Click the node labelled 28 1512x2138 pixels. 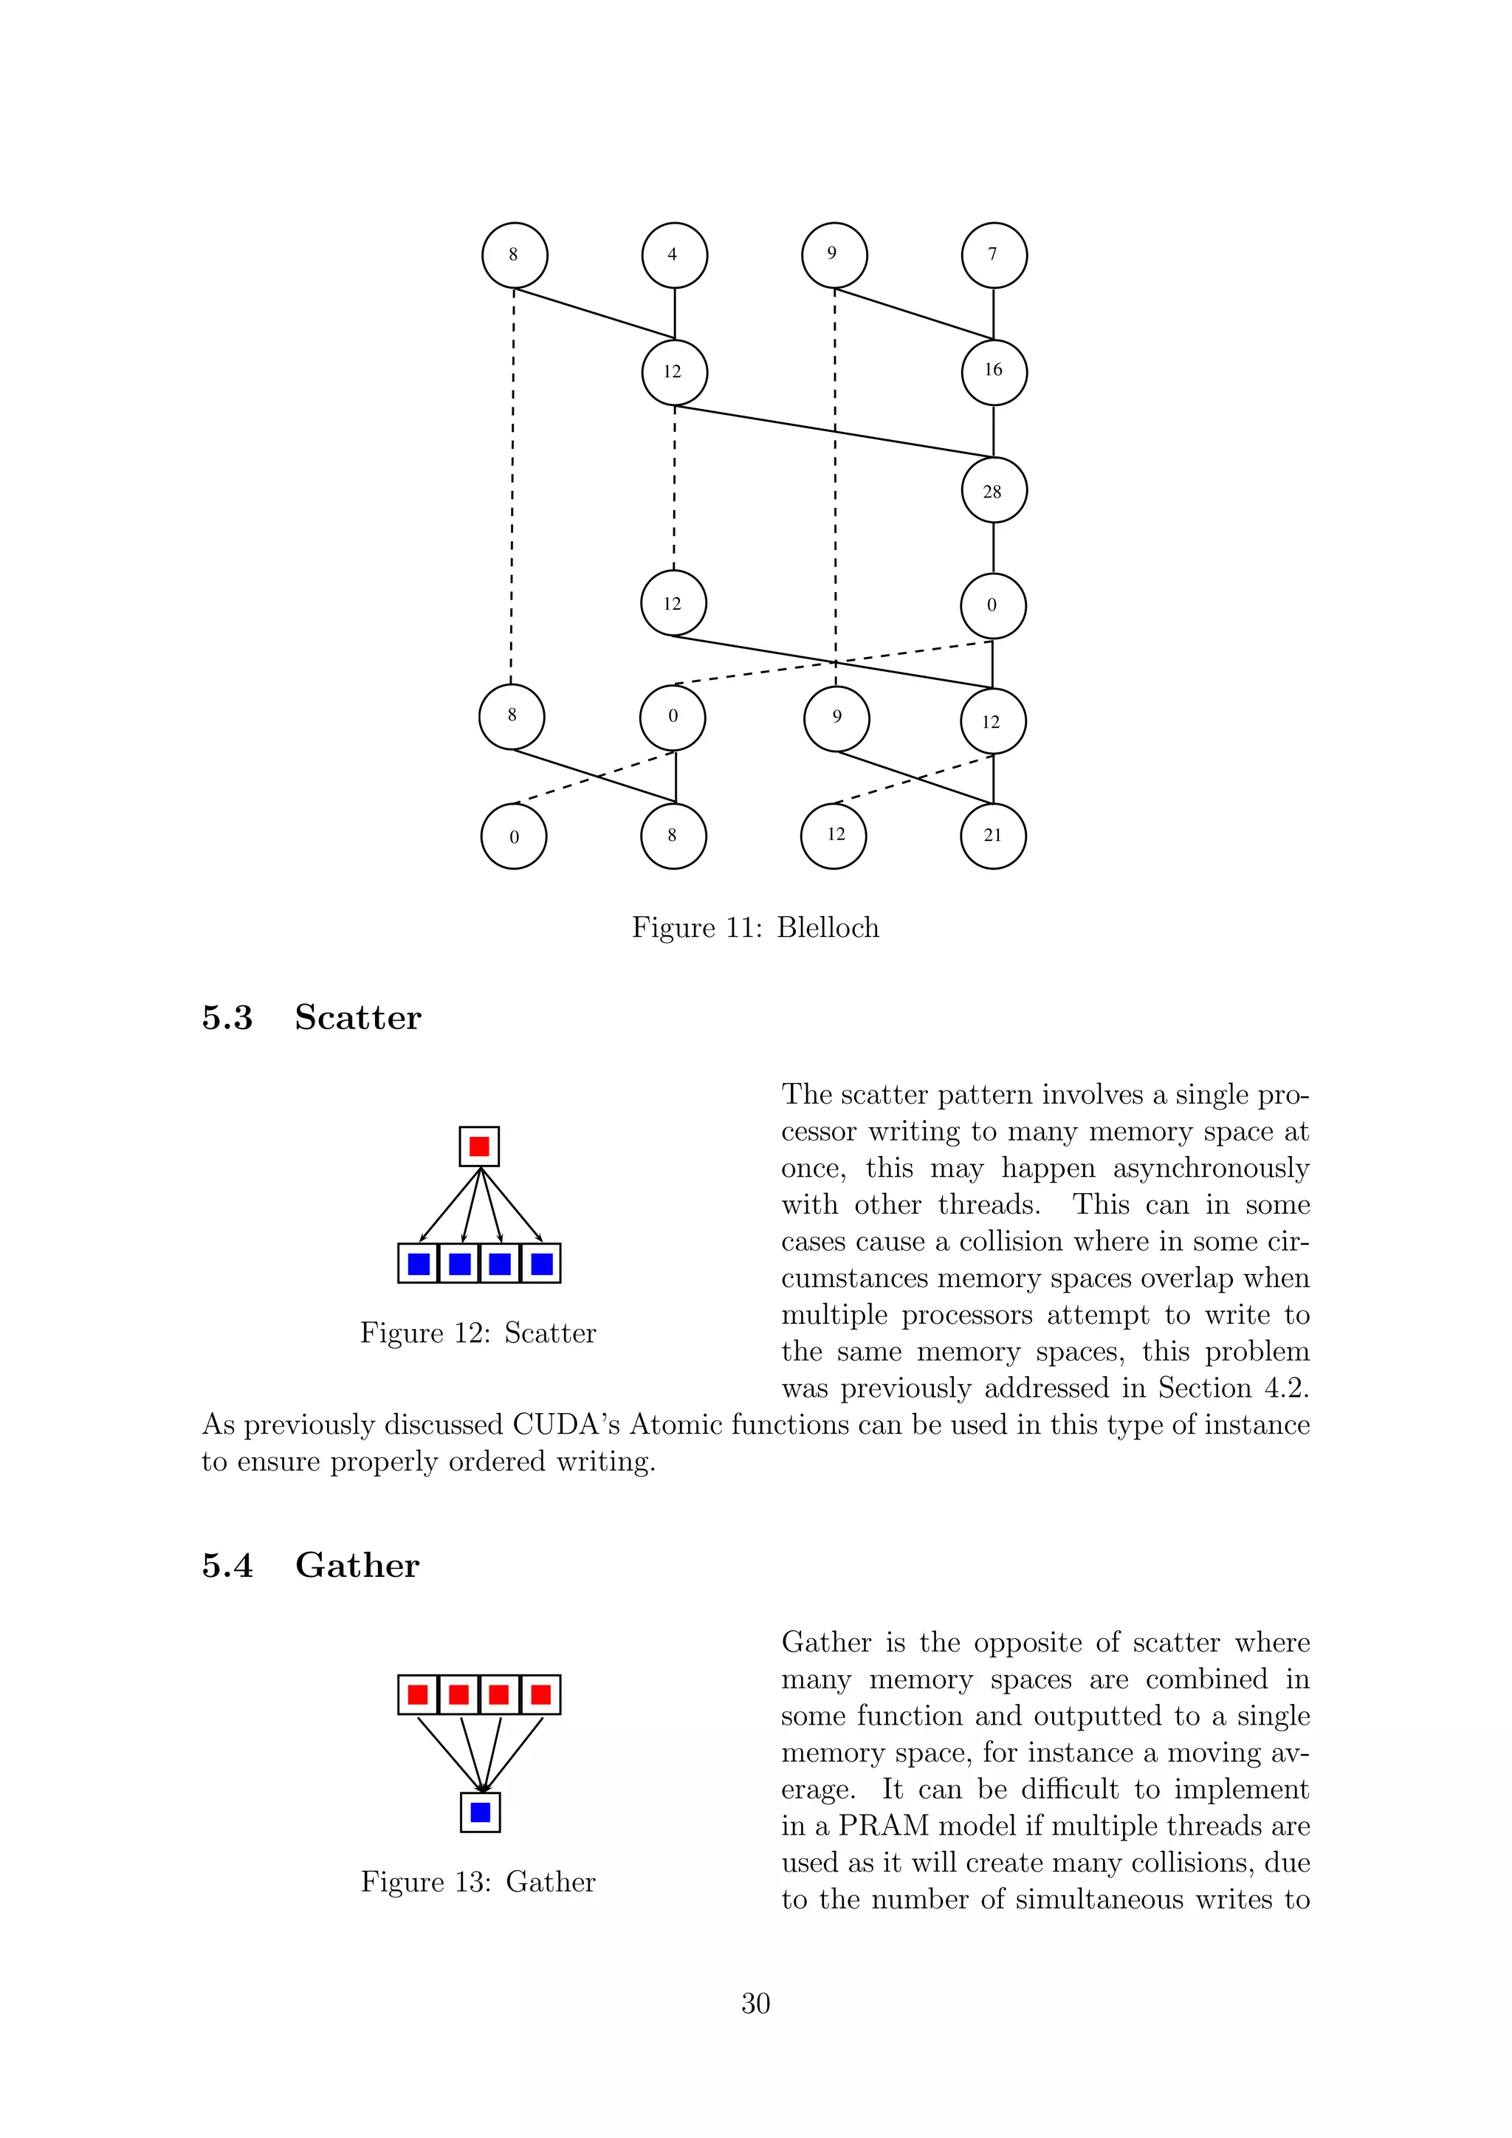click(994, 491)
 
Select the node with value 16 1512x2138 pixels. click(994, 371)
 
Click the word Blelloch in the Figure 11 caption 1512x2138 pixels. click(828, 927)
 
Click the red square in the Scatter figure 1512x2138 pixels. click(479, 1147)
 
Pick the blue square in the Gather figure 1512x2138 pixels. click(481, 1812)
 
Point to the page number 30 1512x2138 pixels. click(755, 2003)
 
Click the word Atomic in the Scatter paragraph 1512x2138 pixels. click(677, 1425)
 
